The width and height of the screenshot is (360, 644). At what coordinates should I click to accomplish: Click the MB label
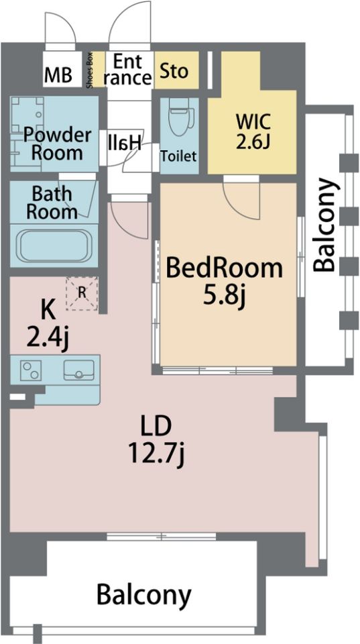click(x=58, y=75)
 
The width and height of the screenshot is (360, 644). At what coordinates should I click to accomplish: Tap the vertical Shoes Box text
click(x=91, y=69)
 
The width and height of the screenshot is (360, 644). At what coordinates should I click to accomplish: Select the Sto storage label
click(x=174, y=71)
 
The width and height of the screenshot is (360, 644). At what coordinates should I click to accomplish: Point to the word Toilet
click(x=178, y=156)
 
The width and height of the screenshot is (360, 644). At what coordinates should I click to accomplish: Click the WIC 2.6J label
click(x=253, y=131)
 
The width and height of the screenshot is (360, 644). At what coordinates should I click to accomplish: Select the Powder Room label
click(x=57, y=144)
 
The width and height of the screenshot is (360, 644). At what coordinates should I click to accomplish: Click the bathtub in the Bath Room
click(x=54, y=246)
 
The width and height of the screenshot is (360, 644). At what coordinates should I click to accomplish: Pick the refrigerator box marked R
click(x=82, y=293)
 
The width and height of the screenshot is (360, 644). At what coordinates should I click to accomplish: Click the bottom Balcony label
click(x=144, y=594)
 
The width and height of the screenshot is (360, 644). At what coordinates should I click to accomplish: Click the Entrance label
click(x=127, y=69)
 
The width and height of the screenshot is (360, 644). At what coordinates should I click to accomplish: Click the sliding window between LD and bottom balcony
click(x=162, y=535)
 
